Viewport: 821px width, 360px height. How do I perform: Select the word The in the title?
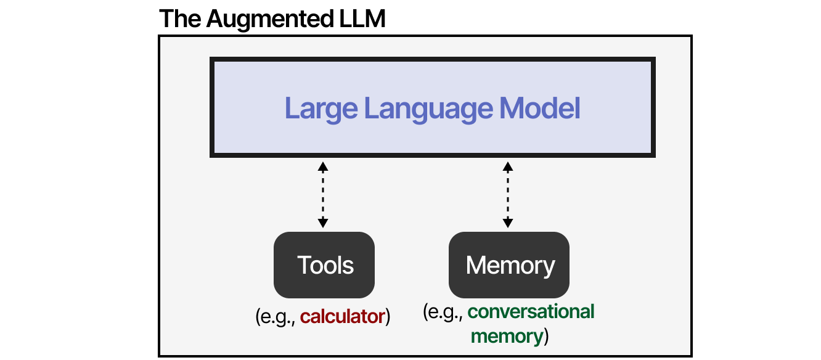coord(180,19)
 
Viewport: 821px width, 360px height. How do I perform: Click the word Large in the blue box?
coord(321,108)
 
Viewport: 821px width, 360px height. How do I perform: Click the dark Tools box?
coord(324,265)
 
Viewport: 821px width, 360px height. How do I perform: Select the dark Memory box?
coord(509,265)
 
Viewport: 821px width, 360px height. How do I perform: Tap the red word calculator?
coord(342,317)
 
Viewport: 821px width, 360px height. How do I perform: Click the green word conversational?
coord(531,311)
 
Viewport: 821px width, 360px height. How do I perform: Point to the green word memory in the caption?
coord(506,336)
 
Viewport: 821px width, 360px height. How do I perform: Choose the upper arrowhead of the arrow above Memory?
coord(508,167)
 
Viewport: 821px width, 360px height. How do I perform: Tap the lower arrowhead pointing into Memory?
coord(508,223)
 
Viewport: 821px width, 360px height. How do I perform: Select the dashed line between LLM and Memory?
coord(508,195)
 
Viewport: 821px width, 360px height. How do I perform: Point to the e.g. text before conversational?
coord(444,312)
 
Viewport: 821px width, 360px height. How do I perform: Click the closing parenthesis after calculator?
coord(388,317)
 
